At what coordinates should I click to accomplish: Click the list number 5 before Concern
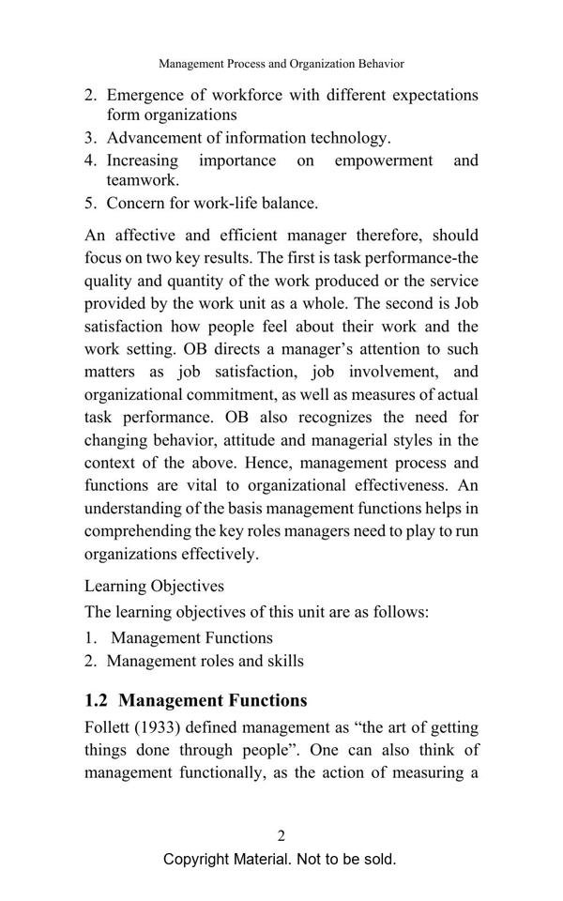pyautogui.click(x=90, y=203)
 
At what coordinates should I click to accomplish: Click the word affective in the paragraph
pyautogui.click(x=165, y=235)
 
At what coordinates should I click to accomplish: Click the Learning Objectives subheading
pyautogui.click(x=154, y=586)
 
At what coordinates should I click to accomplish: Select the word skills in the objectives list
pyautogui.click(x=283, y=661)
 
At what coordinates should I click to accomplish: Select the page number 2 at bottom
pyautogui.click(x=281, y=836)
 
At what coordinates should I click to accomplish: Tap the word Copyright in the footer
pyautogui.click(x=196, y=860)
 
